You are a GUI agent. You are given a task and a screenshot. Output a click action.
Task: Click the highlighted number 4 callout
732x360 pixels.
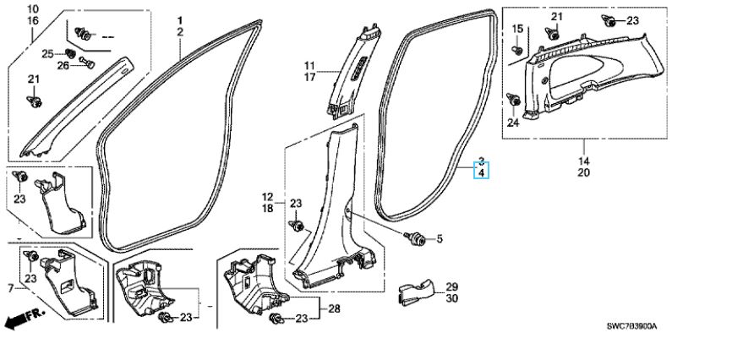click(481, 173)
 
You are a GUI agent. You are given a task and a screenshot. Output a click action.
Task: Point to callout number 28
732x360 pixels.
click(334, 309)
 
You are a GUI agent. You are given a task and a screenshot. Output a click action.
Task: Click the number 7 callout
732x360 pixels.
click(10, 289)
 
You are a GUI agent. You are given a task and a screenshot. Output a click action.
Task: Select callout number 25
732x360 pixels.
click(47, 54)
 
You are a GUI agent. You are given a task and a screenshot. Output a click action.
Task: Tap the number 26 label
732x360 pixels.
click(63, 65)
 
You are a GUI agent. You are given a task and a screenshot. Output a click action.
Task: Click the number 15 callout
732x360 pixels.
click(517, 30)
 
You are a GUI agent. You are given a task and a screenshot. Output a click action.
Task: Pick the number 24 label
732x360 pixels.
click(512, 122)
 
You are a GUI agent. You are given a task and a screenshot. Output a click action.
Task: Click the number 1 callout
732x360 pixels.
click(180, 19)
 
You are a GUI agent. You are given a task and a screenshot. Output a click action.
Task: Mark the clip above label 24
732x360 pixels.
click(514, 101)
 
